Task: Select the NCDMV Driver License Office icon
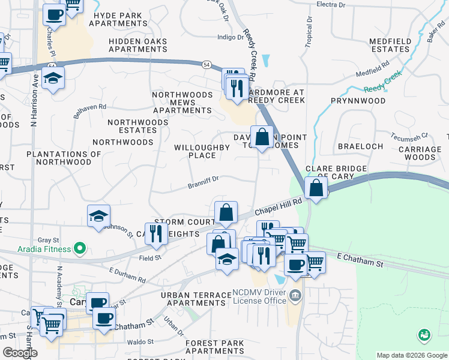pyautogui.click(x=295, y=295)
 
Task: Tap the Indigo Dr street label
pyautogui.click(x=231, y=37)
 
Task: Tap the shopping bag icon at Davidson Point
pyautogui.click(x=262, y=137)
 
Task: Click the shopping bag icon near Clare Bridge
pyautogui.click(x=316, y=187)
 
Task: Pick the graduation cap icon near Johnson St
pyautogui.click(x=98, y=216)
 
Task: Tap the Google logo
pyautogui.click(x=20, y=353)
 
